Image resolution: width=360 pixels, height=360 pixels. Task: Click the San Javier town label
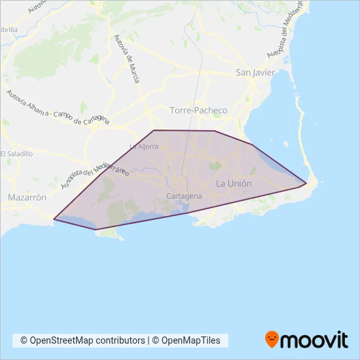click(x=255, y=73)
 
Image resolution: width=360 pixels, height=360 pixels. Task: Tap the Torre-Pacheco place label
click(x=198, y=111)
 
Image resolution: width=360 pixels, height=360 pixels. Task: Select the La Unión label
click(x=234, y=184)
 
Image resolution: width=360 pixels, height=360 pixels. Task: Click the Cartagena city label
click(x=185, y=196)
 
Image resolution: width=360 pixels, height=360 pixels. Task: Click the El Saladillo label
click(x=16, y=153)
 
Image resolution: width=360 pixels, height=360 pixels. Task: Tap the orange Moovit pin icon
click(x=272, y=339)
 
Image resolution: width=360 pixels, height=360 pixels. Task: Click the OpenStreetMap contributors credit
click(x=82, y=340)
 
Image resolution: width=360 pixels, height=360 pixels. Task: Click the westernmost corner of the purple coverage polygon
click(x=54, y=219)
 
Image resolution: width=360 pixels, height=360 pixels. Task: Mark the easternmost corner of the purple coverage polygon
click(x=307, y=183)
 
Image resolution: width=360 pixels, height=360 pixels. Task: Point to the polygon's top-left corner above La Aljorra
click(x=154, y=130)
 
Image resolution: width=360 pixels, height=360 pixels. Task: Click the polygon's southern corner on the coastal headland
click(x=97, y=229)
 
